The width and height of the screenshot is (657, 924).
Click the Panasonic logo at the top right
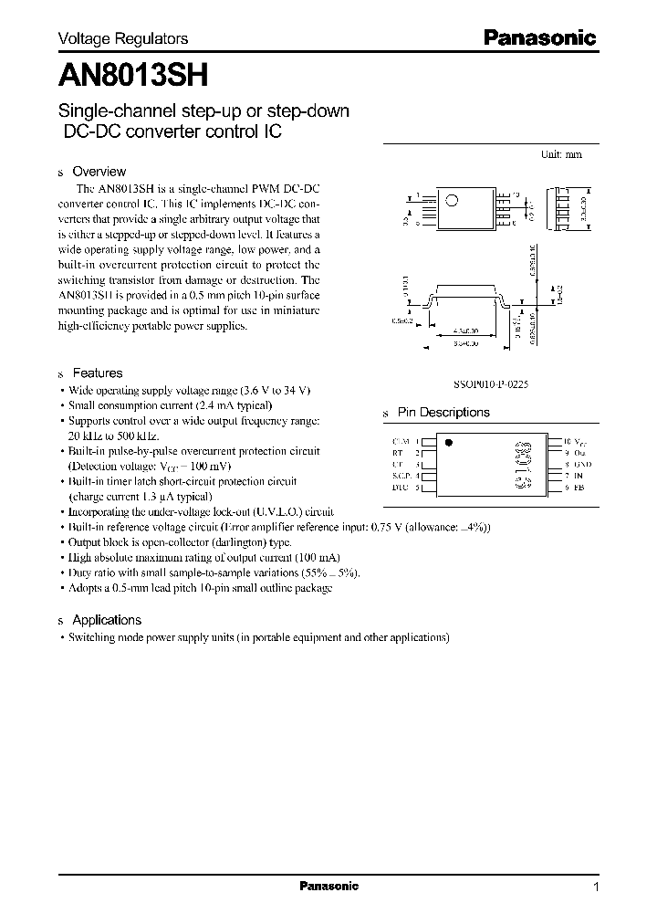[x=538, y=38]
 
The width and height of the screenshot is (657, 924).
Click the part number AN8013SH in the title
[x=125, y=72]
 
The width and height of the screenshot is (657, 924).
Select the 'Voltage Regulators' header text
[x=123, y=38]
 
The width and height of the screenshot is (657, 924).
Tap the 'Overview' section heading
[x=99, y=172]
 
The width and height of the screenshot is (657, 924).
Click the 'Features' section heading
[x=97, y=373]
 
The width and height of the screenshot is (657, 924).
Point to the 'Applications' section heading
[x=107, y=620]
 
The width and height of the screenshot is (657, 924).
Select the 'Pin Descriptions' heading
[x=443, y=413]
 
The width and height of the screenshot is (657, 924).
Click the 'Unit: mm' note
[x=561, y=155]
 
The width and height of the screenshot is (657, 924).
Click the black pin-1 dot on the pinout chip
[x=448, y=442]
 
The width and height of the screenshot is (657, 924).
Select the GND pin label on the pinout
[x=583, y=464]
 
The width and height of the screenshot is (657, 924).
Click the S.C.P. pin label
[x=401, y=476]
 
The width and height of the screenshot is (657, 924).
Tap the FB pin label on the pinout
[x=580, y=488]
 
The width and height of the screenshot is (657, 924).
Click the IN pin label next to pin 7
[x=579, y=476]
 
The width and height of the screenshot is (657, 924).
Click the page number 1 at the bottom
[x=596, y=887]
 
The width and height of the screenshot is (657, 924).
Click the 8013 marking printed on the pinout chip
[x=523, y=465]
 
